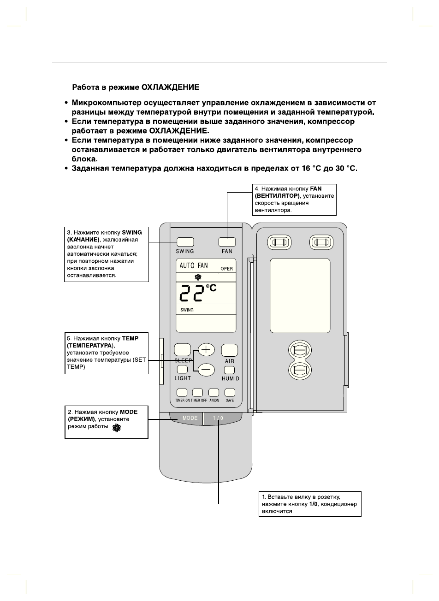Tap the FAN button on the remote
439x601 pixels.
click(x=227, y=242)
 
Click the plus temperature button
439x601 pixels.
click(x=206, y=350)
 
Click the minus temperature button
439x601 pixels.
click(x=206, y=369)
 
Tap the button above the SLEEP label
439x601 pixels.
click(x=183, y=350)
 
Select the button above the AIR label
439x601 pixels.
click(x=229, y=350)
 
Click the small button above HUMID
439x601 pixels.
click(x=229, y=370)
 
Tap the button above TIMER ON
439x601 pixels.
click(x=182, y=393)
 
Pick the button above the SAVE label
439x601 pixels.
click(x=230, y=393)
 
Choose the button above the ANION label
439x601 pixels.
click(x=214, y=393)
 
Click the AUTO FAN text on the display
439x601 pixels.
click(x=194, y=266)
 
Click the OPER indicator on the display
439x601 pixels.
click(x=226, y=269)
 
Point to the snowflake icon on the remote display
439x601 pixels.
click(x=198, y=277)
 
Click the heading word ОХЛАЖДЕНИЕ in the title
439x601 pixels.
click(x=170, y=87)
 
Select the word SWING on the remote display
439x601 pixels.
click(x=187, y=310)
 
